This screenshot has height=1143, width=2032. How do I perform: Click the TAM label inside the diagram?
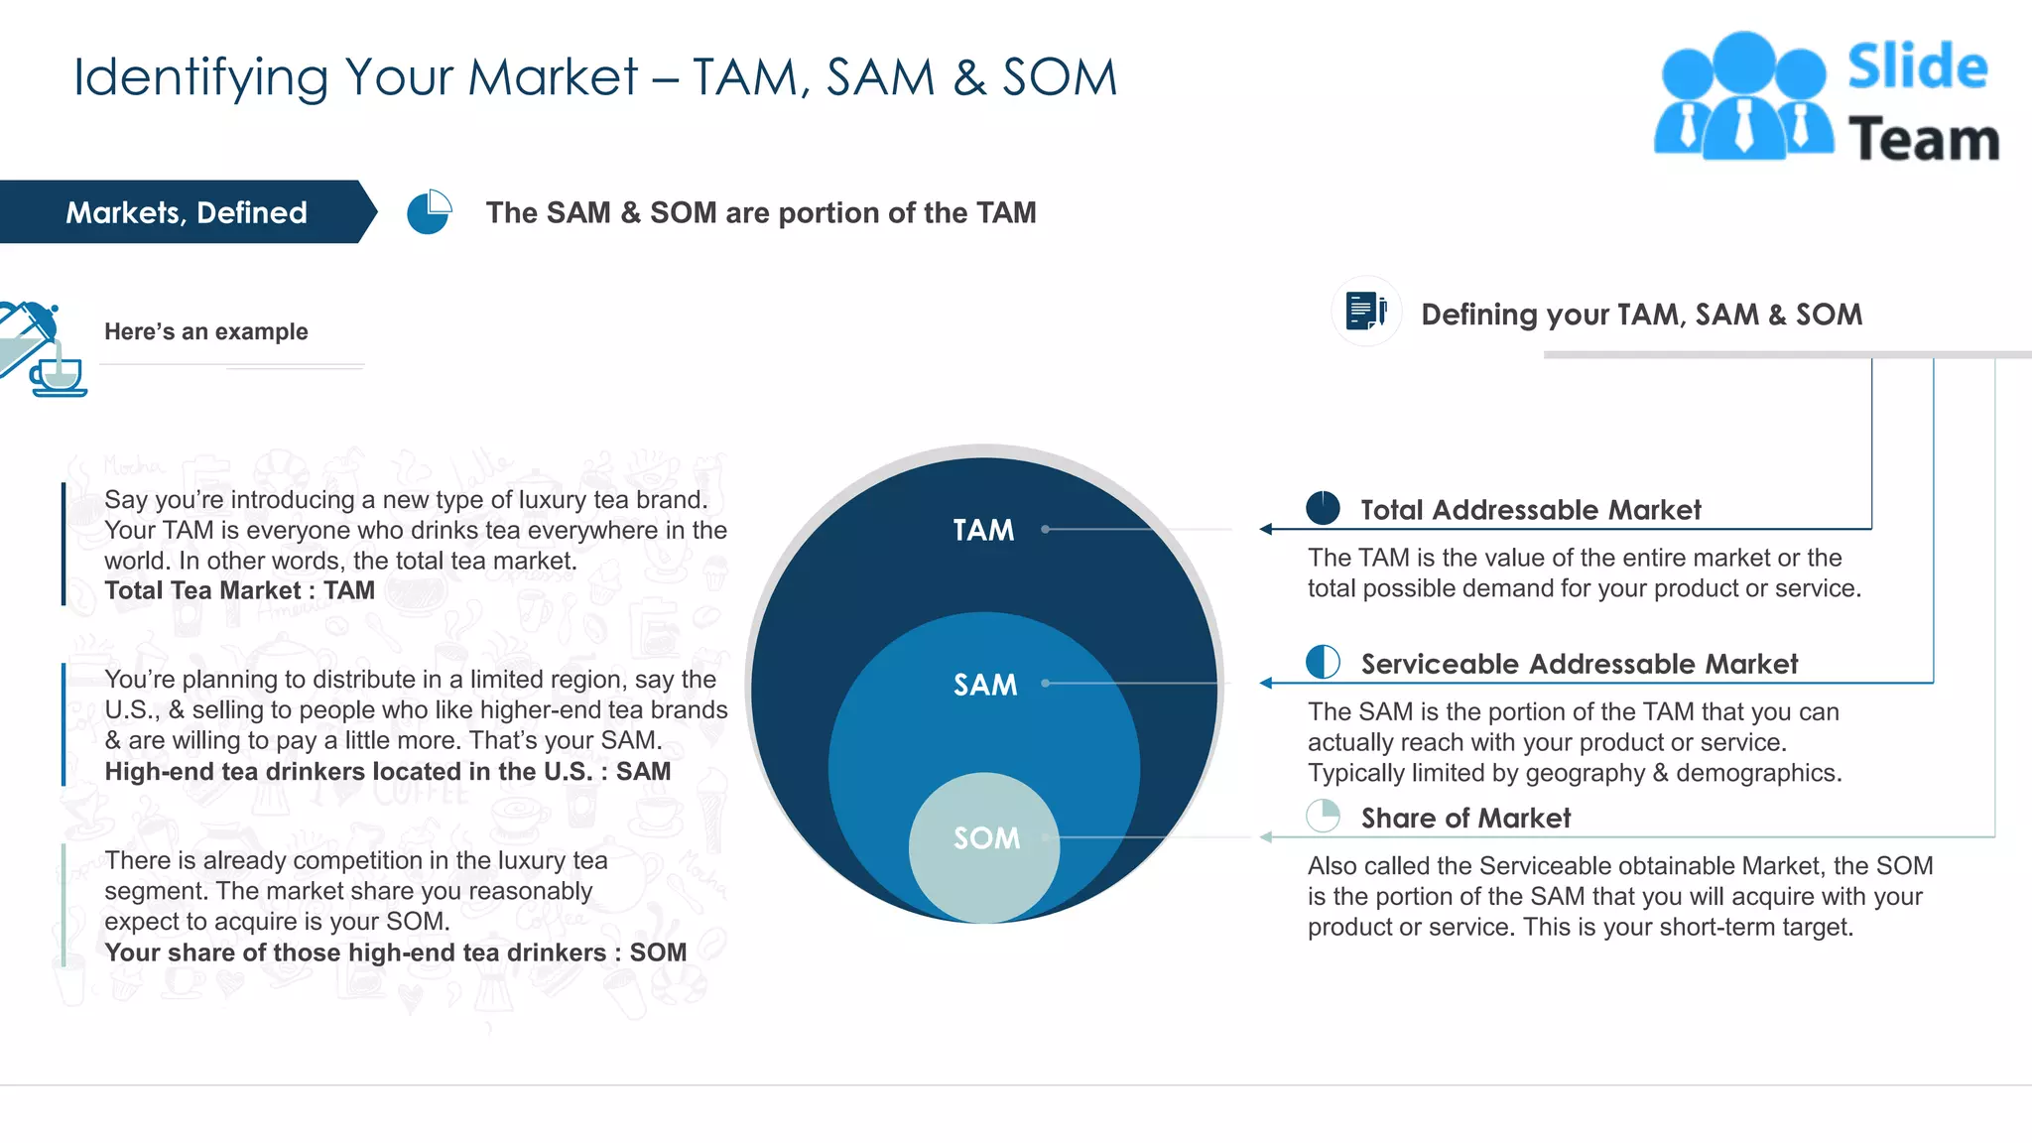(983, 530)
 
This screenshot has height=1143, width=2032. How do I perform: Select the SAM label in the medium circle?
(985, 685)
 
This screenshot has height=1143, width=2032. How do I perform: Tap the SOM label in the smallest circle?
(986, 838)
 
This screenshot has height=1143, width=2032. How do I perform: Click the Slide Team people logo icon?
(1743, 97)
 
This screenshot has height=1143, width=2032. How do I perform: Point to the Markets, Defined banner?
(187, 212)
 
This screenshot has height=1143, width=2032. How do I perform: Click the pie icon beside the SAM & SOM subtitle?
(429, 212)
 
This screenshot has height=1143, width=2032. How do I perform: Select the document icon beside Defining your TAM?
(1366, 312)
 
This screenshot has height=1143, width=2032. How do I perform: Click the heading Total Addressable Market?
(1530, 510)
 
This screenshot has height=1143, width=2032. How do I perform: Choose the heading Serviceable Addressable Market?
(1579, 664)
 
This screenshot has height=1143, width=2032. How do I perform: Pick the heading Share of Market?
(1465, 819)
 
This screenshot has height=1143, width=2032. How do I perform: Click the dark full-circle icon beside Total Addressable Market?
(1323, 507)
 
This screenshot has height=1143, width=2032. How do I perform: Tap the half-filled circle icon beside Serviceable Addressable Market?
(1323, 661)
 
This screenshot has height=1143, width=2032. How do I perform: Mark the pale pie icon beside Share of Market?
(1323, 816)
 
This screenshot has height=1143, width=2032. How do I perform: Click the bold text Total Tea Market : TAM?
(240, 590)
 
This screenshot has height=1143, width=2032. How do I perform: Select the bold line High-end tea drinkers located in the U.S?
(388, 772)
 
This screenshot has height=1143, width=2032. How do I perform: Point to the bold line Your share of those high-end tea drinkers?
(396, 952)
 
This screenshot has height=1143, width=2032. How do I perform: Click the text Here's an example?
(206, 331)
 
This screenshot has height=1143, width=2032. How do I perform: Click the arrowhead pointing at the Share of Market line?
(1266, 837)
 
